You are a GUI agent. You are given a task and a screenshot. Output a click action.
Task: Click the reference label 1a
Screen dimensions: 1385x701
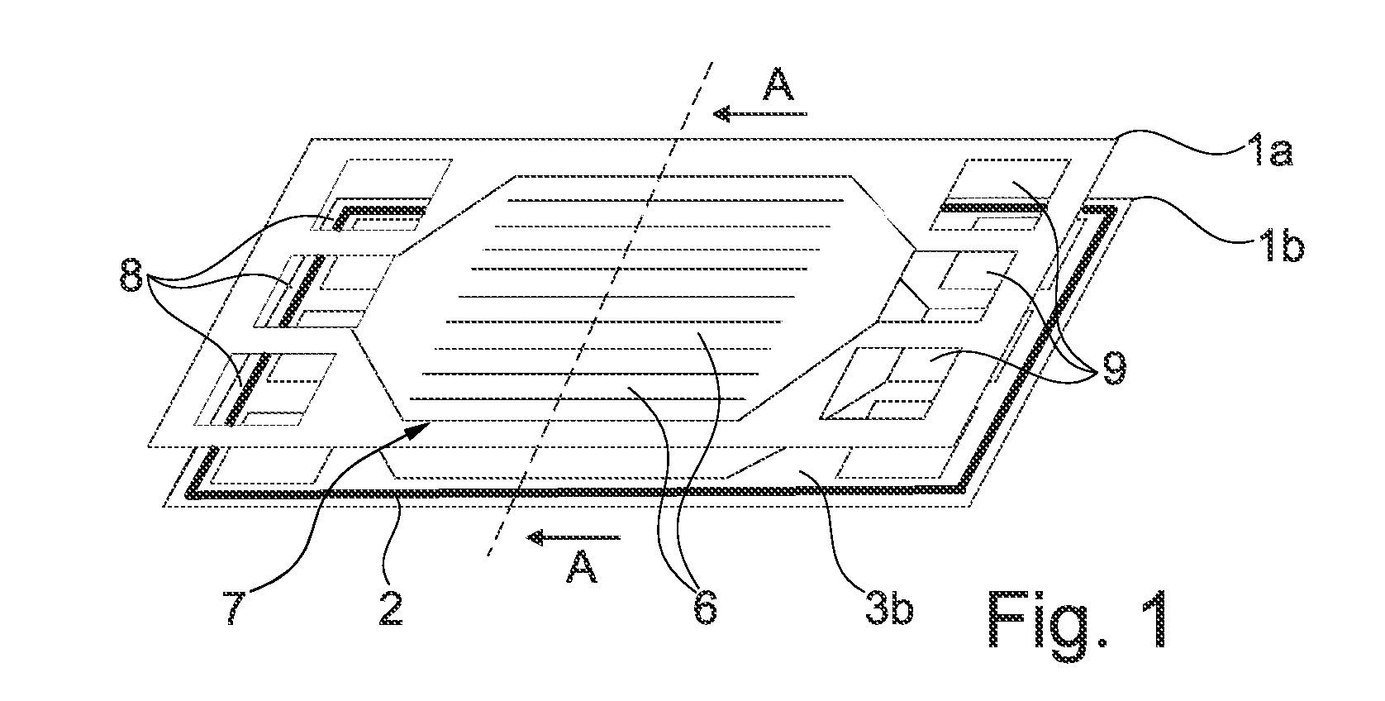[1268, 152]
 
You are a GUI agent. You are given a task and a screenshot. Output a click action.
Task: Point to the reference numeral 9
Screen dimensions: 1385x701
[1114, 369]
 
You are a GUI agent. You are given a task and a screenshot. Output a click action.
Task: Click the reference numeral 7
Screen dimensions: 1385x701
[235, 608]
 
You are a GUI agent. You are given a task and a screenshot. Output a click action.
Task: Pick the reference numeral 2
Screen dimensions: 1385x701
[391, 608]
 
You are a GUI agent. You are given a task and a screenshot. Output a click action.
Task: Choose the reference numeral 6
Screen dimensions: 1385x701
[705, 608]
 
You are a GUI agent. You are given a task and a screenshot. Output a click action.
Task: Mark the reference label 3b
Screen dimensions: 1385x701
[888, 608]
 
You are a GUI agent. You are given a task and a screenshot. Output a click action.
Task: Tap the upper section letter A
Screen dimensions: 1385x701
[778, 84]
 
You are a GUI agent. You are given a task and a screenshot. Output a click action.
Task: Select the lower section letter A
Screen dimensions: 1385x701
[582, 567]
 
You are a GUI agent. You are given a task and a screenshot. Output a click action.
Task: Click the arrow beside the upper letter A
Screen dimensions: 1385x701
[760, 113]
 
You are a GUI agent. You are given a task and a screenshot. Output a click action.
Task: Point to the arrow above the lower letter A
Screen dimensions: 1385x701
[574, 537]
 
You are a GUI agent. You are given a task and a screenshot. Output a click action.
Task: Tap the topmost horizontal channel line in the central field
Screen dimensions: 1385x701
[675, 200]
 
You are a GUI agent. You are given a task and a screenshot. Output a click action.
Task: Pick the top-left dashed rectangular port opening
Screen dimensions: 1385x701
[381, 195]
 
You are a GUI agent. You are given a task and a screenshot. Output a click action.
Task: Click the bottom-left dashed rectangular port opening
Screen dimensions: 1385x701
[265, 389]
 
